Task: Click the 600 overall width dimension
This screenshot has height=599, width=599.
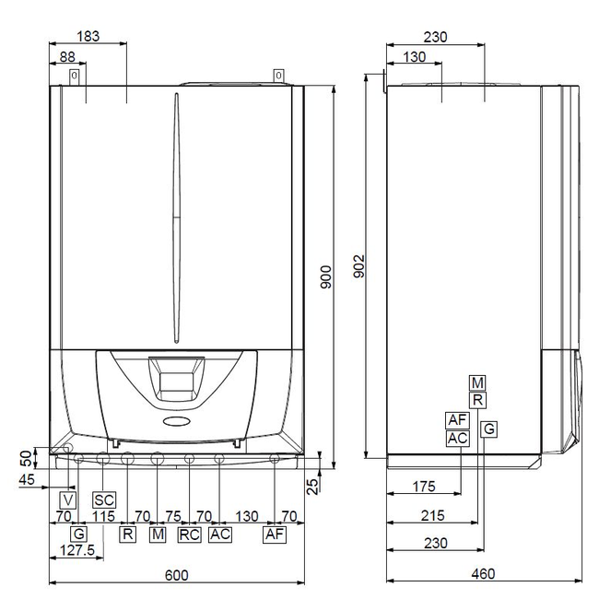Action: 177,575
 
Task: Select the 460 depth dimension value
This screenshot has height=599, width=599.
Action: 483,573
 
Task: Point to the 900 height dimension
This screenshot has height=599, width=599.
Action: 326,277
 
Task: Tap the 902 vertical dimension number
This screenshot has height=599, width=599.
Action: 359,266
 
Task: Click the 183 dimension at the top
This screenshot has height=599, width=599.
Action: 88,36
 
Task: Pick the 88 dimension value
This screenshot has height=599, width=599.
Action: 67,57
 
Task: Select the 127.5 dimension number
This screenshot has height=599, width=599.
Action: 77,550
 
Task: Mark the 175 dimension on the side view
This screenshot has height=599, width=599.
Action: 424,487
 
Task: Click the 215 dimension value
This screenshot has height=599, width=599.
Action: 433,515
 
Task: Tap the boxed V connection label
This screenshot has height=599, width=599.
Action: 68,500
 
